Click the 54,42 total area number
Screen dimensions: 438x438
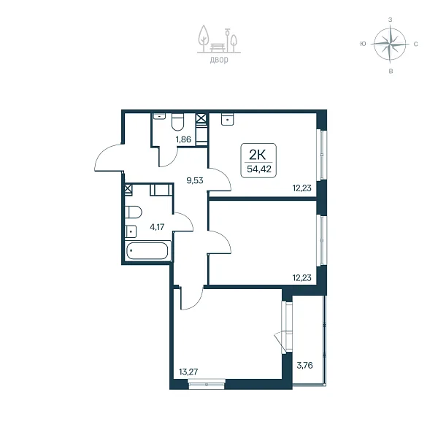point(259,169)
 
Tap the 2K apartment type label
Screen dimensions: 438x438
point(257,155)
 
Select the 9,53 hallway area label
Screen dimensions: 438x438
point(195,180)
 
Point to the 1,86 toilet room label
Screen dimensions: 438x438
point(183,139)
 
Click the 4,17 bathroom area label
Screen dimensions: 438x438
point(157,227)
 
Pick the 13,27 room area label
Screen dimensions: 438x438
point(188,372)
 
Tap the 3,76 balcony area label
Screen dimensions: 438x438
point(304,365)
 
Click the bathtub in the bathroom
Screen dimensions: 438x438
point(147,250)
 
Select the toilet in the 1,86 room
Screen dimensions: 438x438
point(177,122)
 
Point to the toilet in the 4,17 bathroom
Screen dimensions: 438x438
point(134,212)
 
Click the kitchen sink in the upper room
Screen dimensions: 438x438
point(228,119)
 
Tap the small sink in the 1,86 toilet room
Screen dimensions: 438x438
point(159,116)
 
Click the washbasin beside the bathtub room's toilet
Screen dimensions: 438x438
point(131,231)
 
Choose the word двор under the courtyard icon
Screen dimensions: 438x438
point(219,60)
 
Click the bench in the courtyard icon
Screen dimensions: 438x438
point(218,47)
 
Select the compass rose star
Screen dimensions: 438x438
point(390,44)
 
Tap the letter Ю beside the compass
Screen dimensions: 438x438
point(363,44)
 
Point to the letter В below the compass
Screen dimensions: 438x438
point(391,72)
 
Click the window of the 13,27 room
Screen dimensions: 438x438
point(207,384)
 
